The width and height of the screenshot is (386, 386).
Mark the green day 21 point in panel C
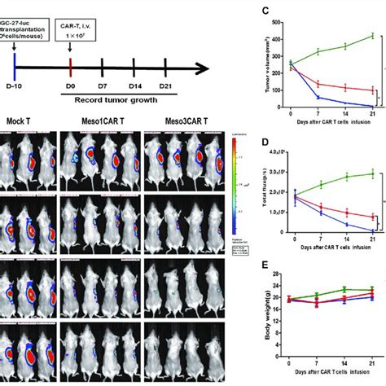pos(372,36)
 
